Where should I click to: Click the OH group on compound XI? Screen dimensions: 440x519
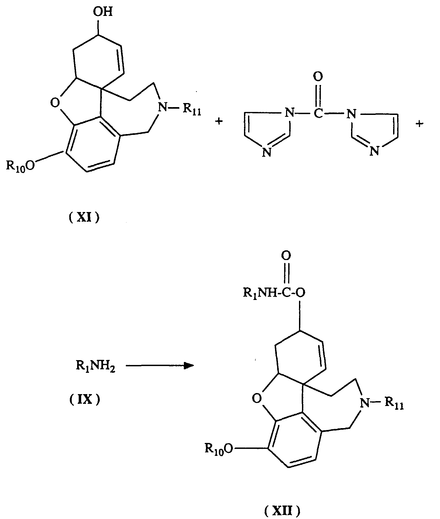click(102, 12)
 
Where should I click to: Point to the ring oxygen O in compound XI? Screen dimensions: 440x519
click(55, 103)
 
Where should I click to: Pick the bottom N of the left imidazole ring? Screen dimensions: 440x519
click(267, 153)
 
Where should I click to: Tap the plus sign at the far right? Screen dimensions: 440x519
click(420, 124)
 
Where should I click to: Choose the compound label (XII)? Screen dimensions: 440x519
click(282, 511)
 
